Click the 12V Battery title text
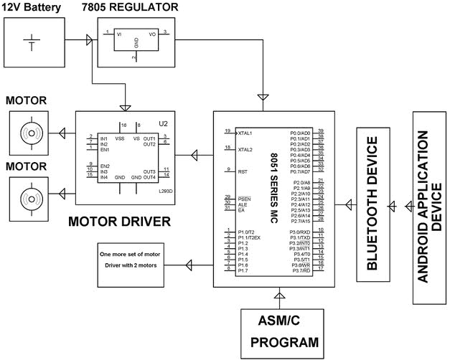click(x=34, y=8)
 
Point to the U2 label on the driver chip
click(x=163, y=123)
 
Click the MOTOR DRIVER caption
click(x=119, y=221)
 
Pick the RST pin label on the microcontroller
click(x=242, y=171)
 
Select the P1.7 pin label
click(x=243, y=270)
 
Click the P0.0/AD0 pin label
click(x=300, y=133)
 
